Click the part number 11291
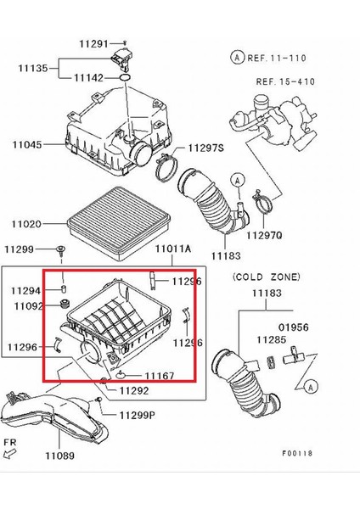pos(95,43)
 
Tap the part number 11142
pos(87,77)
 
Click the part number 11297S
pos(207,147)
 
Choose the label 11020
pos(26,224)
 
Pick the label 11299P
pos(138,416)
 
